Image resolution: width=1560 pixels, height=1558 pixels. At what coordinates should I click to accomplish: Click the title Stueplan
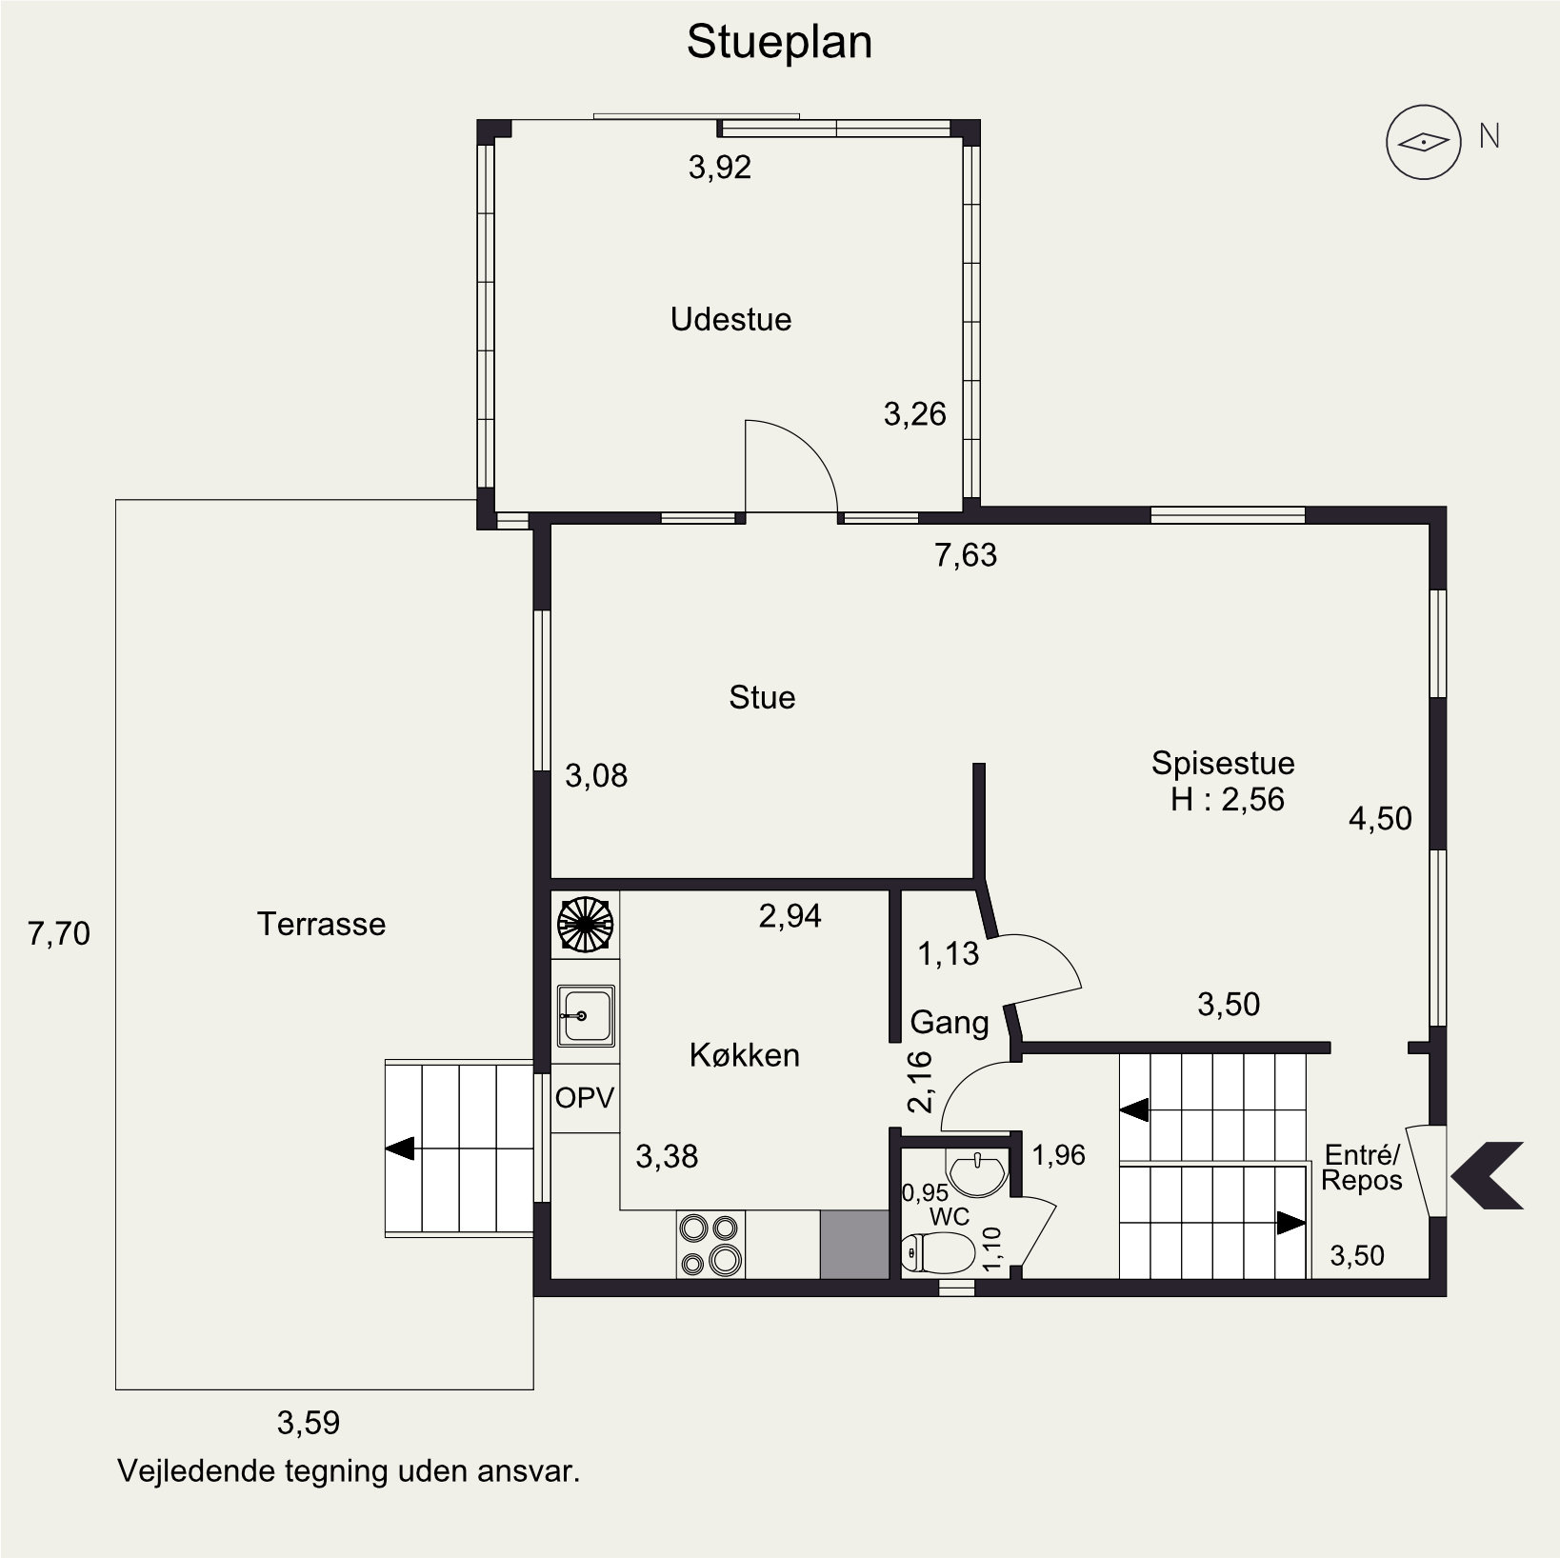click(779, 43)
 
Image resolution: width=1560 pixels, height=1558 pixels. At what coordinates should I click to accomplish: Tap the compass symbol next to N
click(1423, 142)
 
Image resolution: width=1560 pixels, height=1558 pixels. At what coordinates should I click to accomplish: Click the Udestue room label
click(730, 319)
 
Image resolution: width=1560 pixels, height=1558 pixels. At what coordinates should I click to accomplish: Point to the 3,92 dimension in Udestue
click(719, 168)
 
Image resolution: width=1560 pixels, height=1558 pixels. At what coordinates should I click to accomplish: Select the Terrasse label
click(321, 924)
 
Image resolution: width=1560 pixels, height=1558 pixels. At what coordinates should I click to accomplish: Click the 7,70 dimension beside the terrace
click(59, 933)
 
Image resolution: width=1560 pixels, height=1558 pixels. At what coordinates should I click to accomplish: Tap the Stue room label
click(762, 697)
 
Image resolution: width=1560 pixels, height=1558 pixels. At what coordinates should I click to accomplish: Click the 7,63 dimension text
click(966, 554)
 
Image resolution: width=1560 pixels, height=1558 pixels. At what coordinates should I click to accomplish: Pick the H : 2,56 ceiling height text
click(1227, 799)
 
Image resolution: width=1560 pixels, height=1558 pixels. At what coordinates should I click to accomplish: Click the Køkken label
click(744, 1055)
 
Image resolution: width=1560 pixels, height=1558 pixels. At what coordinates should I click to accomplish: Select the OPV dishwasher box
click(585, 1098)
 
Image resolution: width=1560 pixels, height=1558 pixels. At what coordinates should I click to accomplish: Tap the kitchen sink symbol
click(586, 1016)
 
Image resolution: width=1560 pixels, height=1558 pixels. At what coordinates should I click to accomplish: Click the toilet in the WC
click(937, 1252)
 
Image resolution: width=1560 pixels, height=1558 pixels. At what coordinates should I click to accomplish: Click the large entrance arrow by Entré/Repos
click(1487, 1175)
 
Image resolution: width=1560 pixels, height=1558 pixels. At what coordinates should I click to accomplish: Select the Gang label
click(950, 1023)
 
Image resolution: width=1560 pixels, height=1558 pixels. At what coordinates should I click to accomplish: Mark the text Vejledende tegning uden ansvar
click(349, 1471)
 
